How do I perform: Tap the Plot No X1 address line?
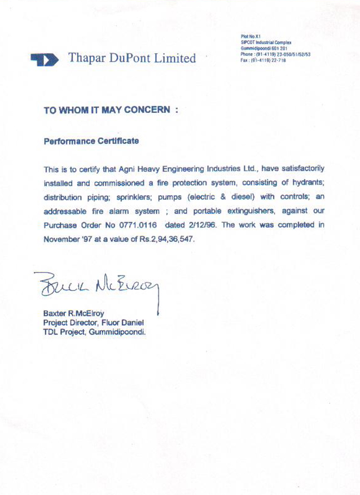tap(250, 36)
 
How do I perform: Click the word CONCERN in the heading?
tap(145, 111)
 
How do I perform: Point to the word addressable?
tap(68, 211)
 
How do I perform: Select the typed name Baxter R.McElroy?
tap(75, 313)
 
